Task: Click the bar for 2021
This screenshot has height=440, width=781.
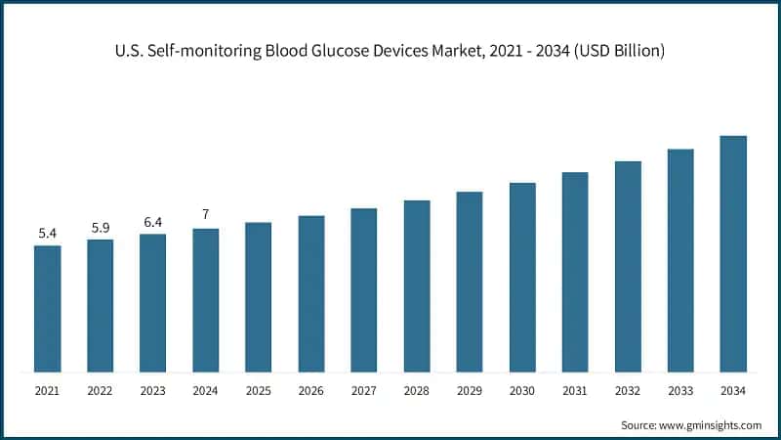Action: coord(47,308)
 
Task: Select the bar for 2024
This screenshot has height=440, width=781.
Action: coord(205,300)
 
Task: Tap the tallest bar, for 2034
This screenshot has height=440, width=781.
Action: coord(732,254)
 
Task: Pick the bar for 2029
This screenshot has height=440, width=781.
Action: coord(469,282)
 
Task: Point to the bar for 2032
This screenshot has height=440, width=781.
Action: coord(627,266)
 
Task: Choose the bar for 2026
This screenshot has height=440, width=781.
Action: coord(310,293)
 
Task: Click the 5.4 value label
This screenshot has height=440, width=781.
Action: coord(47,233)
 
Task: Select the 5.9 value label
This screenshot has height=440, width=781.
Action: coord(100,227)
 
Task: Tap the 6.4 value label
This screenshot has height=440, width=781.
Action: coord(152,221)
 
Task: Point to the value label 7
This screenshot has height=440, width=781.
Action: coord(205,215)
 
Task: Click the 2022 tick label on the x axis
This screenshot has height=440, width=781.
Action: coord(100,391)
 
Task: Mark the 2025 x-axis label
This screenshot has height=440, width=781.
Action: coord(258,391)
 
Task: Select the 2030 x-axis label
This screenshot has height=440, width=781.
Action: coord(521,391)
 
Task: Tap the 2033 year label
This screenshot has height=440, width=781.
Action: coord(679,391)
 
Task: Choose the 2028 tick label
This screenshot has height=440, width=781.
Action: coord(416,391)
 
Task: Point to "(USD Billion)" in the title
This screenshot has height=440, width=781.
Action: coord(617,51)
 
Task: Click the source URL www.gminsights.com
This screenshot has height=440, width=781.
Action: coord(710,425)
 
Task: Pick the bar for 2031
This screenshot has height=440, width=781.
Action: coord(574,272)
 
